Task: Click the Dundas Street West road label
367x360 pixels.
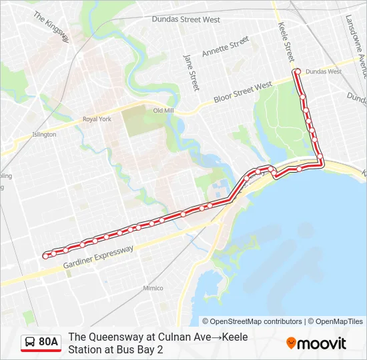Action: coord(186,20)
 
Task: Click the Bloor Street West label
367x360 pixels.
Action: coord(243,93)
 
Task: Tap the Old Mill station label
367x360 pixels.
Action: coord(163,111)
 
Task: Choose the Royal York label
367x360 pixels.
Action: coord(97,119)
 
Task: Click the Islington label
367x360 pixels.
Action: coord(44,135)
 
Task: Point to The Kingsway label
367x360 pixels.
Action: coord(51,27)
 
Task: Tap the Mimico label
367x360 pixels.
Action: coord(153,288)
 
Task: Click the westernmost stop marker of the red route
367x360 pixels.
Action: coord(45,255)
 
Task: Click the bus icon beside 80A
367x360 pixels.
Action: coord(30,343)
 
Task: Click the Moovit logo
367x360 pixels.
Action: coord(316,343)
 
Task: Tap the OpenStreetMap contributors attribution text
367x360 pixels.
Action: coord(252,321)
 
